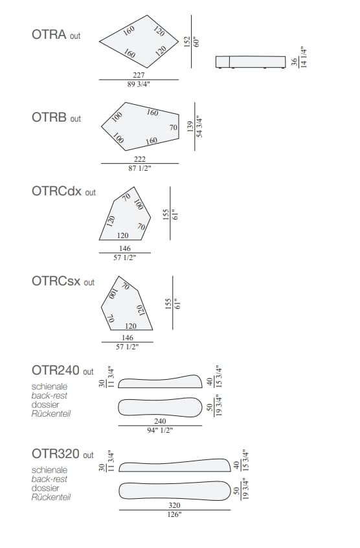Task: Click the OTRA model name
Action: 49,34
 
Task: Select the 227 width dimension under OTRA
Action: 139,75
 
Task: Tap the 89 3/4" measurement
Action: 139,84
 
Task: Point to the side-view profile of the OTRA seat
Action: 251,62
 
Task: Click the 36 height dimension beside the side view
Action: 295,62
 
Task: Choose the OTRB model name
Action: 49,117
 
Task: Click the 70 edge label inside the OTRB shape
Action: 174,127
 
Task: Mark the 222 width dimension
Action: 140,159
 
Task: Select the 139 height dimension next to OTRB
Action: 190,126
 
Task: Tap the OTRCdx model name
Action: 57,191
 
